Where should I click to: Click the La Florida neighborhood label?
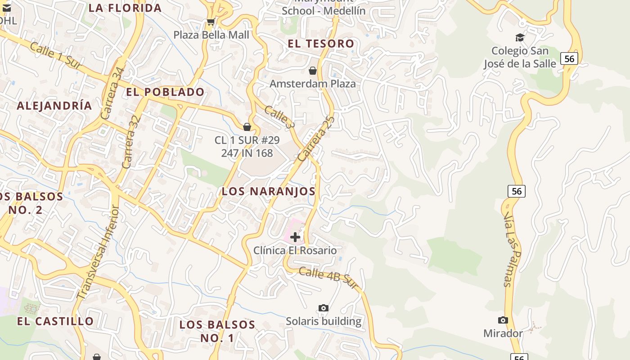tap(125, 8)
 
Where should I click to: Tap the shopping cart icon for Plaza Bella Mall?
tap(210, 22)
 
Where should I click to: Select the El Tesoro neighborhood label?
tap(321, 44)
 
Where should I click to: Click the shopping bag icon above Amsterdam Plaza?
tap(313, 71)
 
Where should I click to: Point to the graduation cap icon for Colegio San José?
tap(520, 37)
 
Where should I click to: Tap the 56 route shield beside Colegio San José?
tap(569, 58)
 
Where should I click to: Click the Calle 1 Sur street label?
tap(56, 56)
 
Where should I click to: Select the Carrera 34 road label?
tap(112, 94)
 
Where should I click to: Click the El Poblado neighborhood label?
tap(165, 92)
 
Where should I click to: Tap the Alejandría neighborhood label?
tap(54, 106)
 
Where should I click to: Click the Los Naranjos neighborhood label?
tap(268, 191)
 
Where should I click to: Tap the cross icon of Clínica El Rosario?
tap(295, 237)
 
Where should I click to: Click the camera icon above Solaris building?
tap(323, 308)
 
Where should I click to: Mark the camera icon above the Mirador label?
tap(503, 320)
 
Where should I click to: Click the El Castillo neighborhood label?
tap(55, 321)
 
